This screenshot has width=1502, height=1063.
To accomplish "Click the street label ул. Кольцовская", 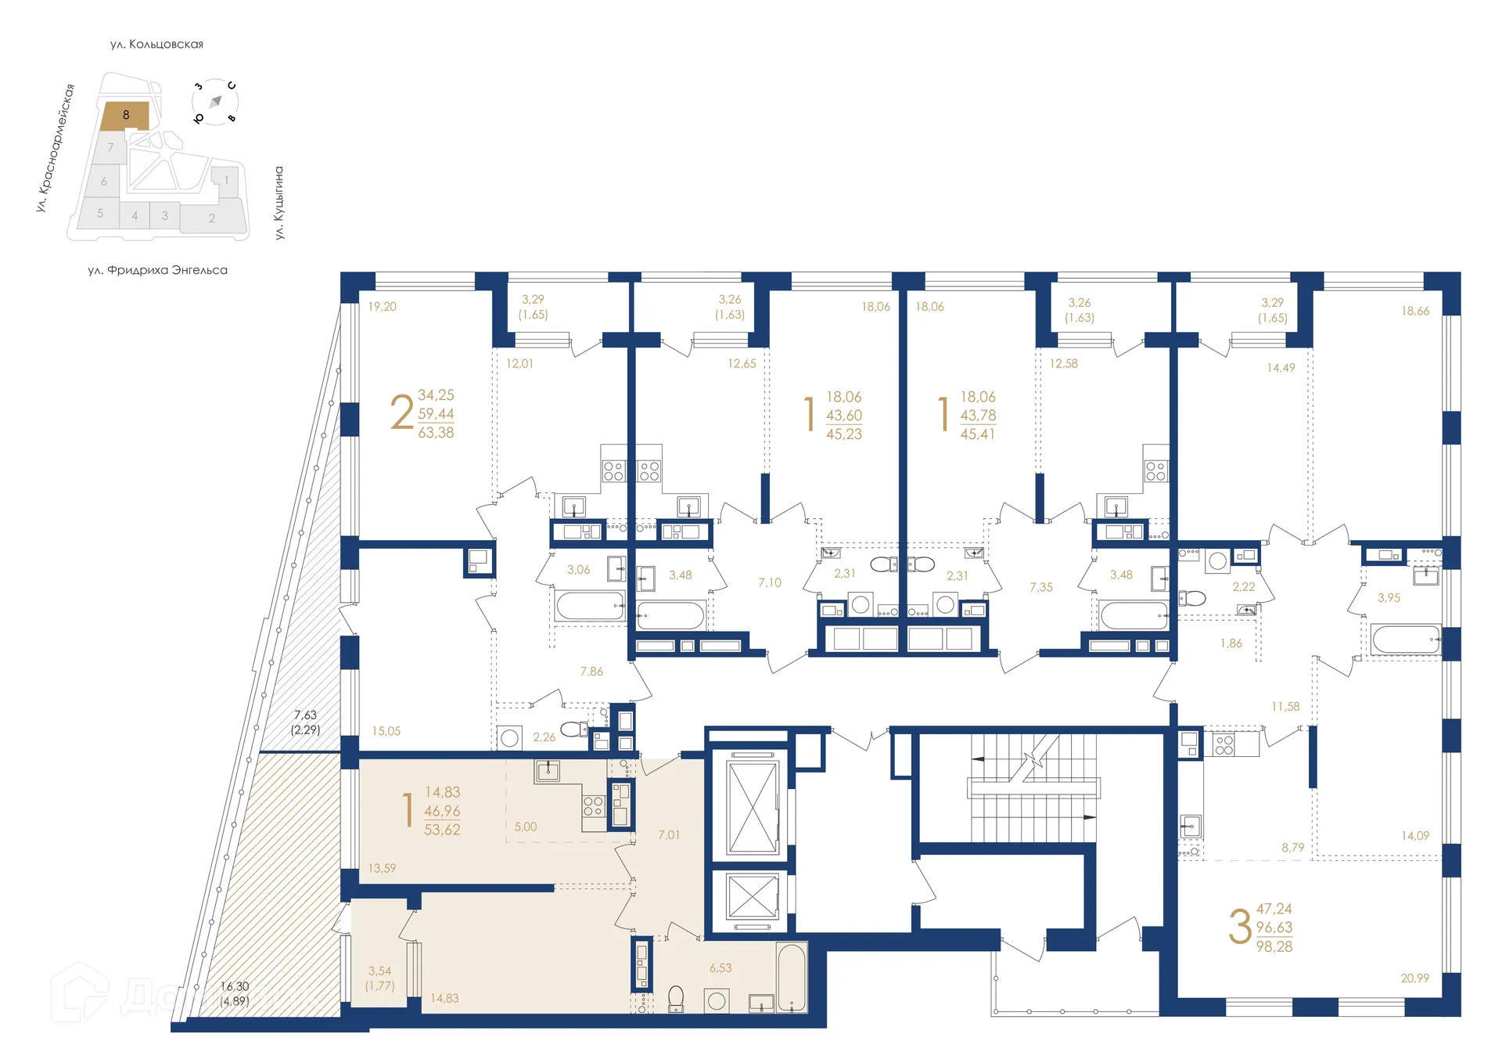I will pos(156,45).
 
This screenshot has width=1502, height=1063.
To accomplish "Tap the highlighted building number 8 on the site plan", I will pos(125,115).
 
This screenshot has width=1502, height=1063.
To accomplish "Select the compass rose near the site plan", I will pos(215,102).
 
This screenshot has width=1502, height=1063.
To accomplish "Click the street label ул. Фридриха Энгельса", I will pos(157,270).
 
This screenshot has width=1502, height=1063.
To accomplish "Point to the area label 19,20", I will pos(382,307).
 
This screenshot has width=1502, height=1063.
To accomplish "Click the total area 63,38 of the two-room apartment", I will pos(436,433).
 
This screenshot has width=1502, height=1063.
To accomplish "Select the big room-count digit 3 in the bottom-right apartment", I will pos(1240,928).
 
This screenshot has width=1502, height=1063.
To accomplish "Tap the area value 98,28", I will pos(1274,946).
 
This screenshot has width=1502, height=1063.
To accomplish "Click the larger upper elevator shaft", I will pos(753,807).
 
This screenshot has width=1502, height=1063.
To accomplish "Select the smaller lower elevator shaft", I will pos(752,897).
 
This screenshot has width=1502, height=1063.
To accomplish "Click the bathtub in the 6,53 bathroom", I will pos(791,978).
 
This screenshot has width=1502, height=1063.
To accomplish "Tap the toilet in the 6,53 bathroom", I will pos(676,998).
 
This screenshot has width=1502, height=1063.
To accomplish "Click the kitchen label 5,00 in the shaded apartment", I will pos(526,827).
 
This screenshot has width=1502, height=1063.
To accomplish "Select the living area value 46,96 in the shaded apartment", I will pos(442,811).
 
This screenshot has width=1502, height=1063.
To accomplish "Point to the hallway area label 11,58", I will pos(1285,707).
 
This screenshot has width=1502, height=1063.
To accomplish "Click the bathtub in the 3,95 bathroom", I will pos(1406,640).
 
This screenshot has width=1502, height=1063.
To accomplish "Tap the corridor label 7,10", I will pos(769,583).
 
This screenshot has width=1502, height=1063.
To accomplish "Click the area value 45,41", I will pos(978,434).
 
